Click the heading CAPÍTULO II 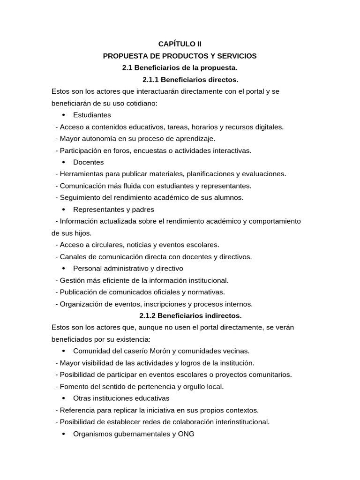(180, 44)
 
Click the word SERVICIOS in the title (236, 56)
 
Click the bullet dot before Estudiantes (63, 115)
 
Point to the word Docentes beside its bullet (89, 162)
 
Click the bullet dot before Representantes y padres (63, 210)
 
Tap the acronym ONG (186, 434)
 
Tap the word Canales (73, 256)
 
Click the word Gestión (72, 280)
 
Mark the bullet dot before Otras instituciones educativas (63, 398)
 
